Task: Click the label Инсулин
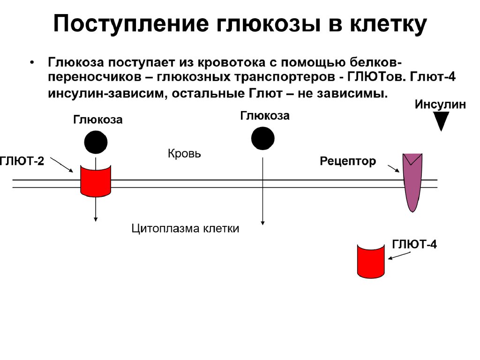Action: pyautogui.click(x=440, y=105)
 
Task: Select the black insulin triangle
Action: pyautogui.click(x=441, y=122)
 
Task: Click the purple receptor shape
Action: pyautogui.click(x=413, y=181)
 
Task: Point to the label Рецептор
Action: pyautogui.click(x=348, y=162)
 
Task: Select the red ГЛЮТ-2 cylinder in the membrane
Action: pyautogui.click(x=95, y=180)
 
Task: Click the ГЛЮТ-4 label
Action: pyautogui.click(x=414, y=244)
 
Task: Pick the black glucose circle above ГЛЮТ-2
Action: pyautogui.click(x=96, y=142)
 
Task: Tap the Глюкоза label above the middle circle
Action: pyautogui.click(x=265, y=116)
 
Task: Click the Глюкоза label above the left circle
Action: pyautogui.click(x=97, y=120)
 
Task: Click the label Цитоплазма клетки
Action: pyautogui.click(x=186, y=229)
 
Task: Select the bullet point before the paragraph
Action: pyautogui.click(x=32, y=63)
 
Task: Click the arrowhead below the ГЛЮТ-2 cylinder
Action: pyautogui.click(x=96, y=218)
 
